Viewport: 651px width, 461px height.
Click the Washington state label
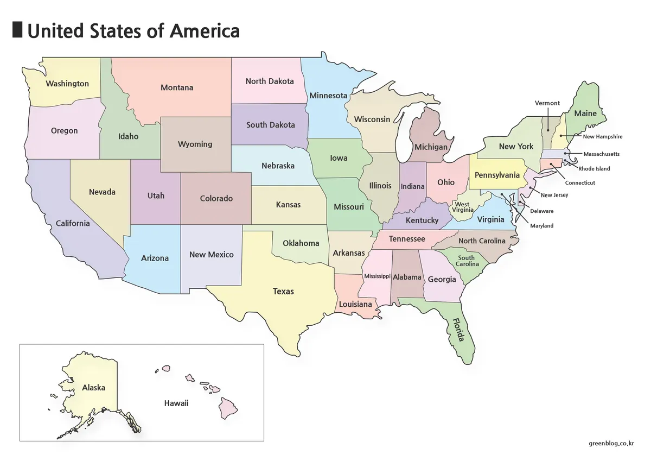67,84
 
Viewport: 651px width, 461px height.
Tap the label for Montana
177,87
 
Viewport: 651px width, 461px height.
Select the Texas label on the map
283,292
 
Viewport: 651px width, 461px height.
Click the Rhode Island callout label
594,169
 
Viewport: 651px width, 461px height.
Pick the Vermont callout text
547,103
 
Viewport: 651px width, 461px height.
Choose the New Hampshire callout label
603,137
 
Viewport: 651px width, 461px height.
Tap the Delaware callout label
542,211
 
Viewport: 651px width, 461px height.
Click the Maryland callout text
542,226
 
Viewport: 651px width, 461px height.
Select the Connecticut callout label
580,183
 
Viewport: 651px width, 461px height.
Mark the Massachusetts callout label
601,154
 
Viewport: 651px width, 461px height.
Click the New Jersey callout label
554,195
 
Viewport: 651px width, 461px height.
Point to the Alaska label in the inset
93,388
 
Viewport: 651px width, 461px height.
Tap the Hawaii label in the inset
176,403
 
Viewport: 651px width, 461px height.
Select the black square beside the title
17,30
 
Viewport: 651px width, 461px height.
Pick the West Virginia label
462,207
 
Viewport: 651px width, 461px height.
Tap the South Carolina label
467,261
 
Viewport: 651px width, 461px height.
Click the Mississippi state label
377,276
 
